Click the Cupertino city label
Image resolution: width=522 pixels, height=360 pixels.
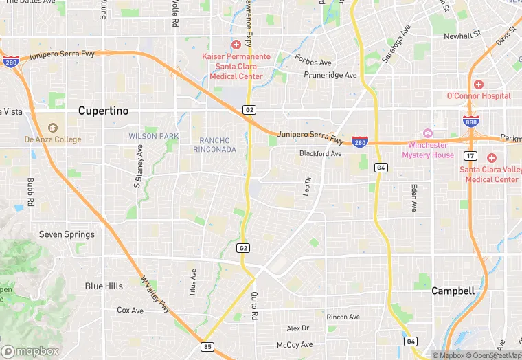pyautogui.click(x=103, y=110)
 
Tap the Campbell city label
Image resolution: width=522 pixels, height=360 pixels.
pyautogui.click(x=453, y=291)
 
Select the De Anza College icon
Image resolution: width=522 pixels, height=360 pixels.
pyautogui.click(x=52, y=127)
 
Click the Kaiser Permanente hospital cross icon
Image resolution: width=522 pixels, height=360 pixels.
pyautogui.click(x=236, y=44)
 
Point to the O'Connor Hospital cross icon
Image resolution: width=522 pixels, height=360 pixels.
pyautogui.click(x=479, y=84)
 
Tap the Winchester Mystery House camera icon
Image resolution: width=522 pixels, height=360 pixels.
pyautogui.click(x=427, y=133)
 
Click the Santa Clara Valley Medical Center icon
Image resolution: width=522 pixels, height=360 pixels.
pyautogui.click(x=491, y=157)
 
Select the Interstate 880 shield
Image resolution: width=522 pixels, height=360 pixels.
pyautogui.click(x=470, y=121)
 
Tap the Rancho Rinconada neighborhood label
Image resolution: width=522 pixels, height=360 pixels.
pyautogui.click(x=214, y=145)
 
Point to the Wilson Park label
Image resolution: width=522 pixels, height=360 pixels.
pyautogui.click(x=154, y=136)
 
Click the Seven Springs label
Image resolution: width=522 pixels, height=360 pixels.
pyautogui.click(x=67, y=234)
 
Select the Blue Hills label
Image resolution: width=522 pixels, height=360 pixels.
pyautogui.click(x=104, y=286)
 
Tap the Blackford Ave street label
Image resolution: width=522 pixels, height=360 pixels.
pyautogui.click(x=320, y=154)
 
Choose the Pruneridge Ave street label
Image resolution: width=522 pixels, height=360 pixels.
pyautogui.click(x=331, y=75)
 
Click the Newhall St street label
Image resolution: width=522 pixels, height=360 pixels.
pyautogui.click(x=462, y=36)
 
